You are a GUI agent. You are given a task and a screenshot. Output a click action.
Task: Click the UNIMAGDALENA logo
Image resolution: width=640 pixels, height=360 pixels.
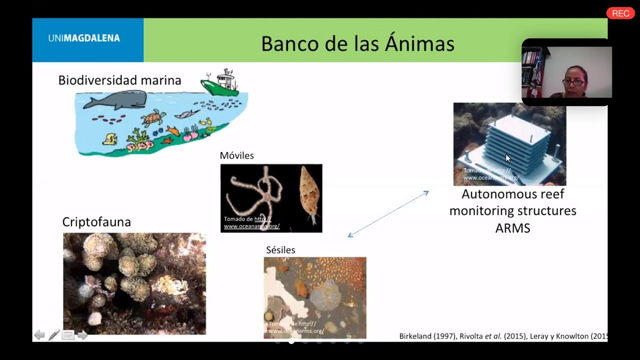[x=84, y=38]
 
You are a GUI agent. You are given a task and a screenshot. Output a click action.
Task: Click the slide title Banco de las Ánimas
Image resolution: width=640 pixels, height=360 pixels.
[x=357, y=43]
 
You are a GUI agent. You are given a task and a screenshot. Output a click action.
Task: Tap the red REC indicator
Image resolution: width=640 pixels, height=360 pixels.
[x=620, y=13]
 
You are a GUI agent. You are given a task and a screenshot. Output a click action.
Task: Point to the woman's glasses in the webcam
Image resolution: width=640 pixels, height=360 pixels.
[x=573, y=82]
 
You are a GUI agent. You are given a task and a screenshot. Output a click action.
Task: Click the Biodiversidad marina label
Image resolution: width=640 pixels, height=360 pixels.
[x=119, y=81]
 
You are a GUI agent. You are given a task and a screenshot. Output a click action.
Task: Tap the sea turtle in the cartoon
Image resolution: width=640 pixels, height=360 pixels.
[x=154, y=117]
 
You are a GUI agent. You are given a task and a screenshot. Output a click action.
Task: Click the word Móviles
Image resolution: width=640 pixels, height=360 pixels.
[x=237, y=156]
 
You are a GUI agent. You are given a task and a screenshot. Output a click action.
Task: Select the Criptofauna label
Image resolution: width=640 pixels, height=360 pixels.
[x=97, y=222]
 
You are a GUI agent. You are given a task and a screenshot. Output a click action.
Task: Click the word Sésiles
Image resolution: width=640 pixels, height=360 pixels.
[x=281, y=250]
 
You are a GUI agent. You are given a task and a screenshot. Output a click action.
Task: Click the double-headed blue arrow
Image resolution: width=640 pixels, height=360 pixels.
[x=388, y=214]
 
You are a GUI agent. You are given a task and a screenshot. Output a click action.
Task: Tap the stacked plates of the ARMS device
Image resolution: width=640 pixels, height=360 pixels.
[x=520, y=141]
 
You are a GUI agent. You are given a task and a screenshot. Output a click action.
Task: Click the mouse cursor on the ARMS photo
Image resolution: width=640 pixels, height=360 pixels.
[x=508, y=158]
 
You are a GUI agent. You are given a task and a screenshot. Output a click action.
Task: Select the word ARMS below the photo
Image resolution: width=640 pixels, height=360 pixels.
[x=513, y=228]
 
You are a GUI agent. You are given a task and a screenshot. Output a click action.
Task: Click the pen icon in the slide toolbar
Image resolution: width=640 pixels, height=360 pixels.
[x=54, y=335]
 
